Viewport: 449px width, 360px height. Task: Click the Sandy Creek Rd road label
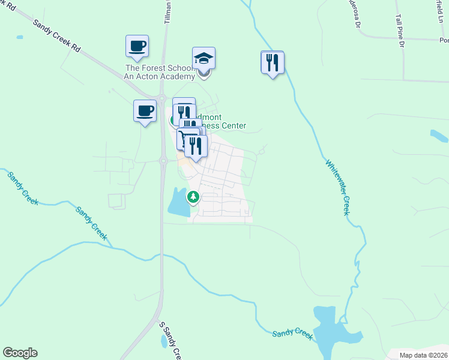coord(57,34)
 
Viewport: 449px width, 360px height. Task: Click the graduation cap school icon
coord(204,59)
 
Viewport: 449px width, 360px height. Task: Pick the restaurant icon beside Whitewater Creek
coord(273,62)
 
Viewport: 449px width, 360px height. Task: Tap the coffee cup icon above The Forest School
coord(137,46)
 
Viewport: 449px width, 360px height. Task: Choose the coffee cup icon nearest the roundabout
coord(145,111)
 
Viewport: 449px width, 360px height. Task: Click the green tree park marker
coord(193,196)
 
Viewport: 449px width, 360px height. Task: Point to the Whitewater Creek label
coord(337,187)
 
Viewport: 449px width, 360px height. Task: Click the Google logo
coord(20,353)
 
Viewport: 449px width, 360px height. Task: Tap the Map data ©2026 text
coord(424,355)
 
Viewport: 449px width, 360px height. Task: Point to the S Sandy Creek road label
coord(170,341)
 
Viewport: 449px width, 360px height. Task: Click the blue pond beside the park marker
coord(178,202)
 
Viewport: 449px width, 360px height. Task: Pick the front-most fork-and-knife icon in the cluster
coord(196,146)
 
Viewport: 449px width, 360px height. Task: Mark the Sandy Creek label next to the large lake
coord(292,334)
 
